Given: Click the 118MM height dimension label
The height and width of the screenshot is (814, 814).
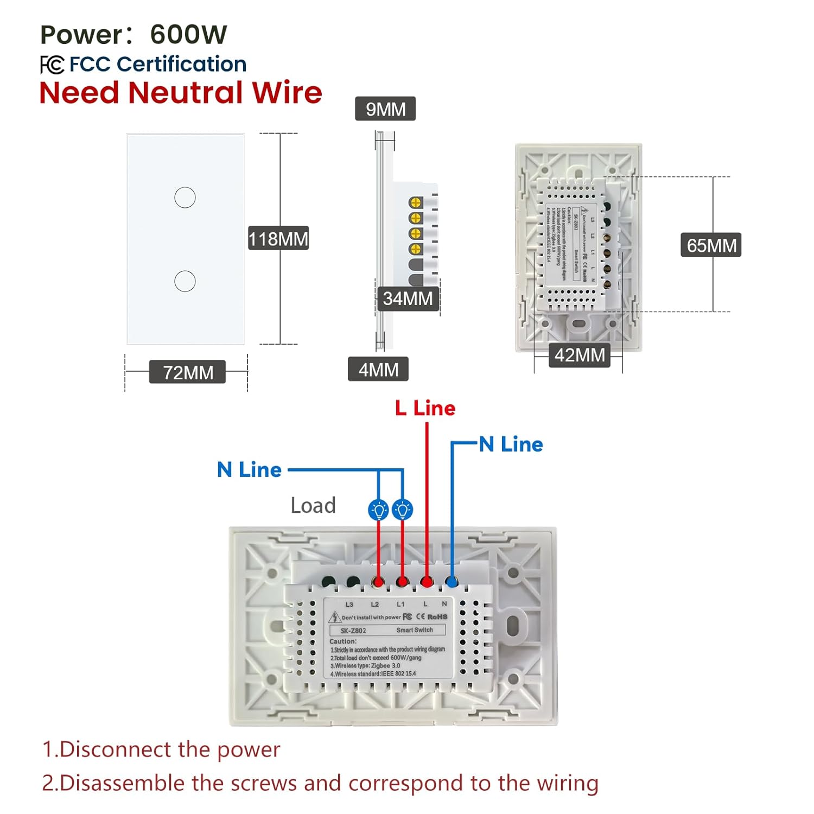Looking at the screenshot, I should click(278, 238).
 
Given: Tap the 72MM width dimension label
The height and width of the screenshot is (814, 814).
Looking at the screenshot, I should click(188, 372).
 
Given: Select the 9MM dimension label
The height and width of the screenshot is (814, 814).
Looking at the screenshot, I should click(385, 109).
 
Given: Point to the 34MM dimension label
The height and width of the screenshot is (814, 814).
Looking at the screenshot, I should click(408, 298).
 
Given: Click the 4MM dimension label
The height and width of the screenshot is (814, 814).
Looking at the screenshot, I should click(378, 370).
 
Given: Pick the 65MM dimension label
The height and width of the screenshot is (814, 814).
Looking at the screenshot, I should click(711, 245).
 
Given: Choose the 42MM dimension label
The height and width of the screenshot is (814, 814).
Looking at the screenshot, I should click(579, 355).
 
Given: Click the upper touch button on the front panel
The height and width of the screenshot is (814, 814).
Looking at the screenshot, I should click(185, 198).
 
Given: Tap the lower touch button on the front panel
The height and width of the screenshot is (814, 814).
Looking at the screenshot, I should click(185, 281).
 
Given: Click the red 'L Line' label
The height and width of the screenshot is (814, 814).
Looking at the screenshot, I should click(425, 408).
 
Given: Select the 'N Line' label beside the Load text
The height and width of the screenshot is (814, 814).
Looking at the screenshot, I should click(249, 470).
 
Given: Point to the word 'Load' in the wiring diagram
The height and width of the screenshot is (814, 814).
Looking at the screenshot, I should click(313, 505).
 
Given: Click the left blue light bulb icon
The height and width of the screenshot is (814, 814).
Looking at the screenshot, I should click(378, 510).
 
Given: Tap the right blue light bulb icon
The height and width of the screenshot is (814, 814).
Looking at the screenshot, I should click(402, 510).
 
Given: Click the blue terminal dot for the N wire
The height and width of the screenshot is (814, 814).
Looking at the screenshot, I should click(451, 582).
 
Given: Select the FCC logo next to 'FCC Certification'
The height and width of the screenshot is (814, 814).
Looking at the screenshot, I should click(52, 65).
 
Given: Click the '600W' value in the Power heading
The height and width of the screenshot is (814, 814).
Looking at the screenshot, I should click(188, 35).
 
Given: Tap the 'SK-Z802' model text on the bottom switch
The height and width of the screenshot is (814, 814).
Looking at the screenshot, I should click(353, 631).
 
